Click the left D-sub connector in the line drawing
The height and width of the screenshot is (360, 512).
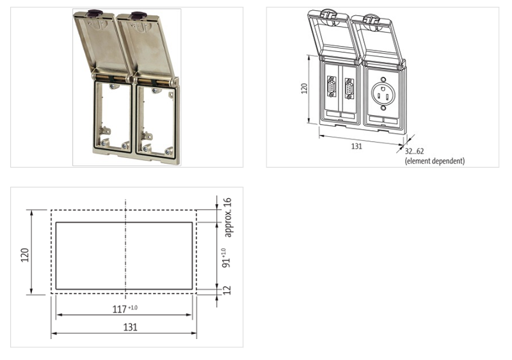click(332, 86)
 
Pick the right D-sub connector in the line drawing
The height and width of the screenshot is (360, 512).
click(349, 88)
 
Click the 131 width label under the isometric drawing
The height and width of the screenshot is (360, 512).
click(357, 146)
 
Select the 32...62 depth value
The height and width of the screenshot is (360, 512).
click(414, 152)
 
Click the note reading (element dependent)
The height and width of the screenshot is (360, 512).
click(435, 160)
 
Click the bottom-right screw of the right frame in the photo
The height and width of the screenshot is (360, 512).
click(168, 151)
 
